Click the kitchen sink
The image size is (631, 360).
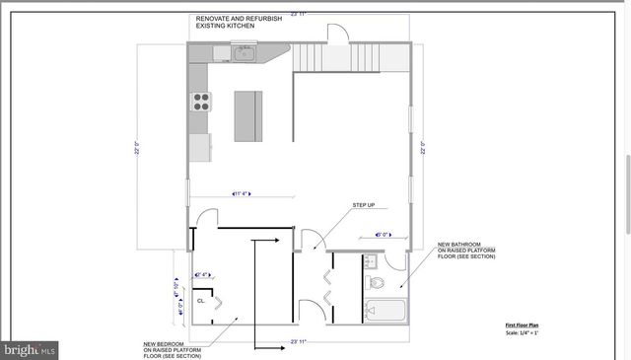point(244,53)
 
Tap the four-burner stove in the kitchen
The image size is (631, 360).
point(200,100)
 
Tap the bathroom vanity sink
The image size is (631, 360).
point(371,262)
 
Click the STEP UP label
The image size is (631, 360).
point(364,205)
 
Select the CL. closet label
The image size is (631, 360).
point(200,300)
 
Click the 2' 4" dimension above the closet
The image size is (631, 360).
point(204,274)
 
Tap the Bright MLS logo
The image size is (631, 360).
point(30,348)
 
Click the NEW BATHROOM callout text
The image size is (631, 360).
point(459,244)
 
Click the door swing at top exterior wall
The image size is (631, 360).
point(339,32)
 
